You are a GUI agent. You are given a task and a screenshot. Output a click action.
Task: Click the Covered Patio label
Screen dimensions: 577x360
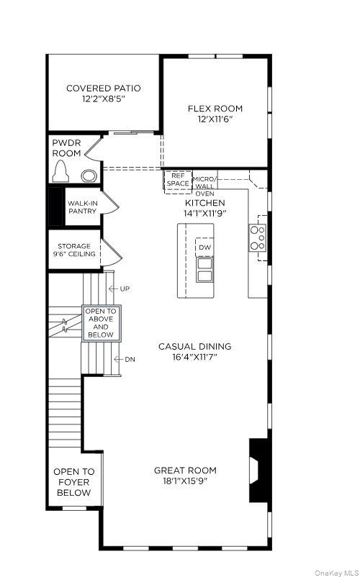point(103,88)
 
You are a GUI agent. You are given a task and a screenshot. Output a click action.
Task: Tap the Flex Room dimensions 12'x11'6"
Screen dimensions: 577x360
point(215,119)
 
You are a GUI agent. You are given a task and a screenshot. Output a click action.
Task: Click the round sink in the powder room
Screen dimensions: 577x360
point(89,175)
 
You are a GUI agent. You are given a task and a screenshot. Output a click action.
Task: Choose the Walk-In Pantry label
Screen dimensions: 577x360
point(82,207)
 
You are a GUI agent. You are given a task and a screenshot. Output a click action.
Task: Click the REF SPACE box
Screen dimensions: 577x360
point(177,179)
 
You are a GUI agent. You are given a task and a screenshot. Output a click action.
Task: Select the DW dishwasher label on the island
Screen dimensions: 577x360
point(205,247)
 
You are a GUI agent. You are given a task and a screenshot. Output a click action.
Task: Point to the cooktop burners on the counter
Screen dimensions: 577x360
point(257,238)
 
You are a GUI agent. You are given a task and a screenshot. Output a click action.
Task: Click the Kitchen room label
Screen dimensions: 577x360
point(205,203)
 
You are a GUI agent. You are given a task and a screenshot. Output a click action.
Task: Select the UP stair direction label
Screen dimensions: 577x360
point(125,288)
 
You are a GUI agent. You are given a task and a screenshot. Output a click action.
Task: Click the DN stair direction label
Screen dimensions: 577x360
point(130,359)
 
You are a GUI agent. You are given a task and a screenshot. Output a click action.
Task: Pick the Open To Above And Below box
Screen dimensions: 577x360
point(101,323)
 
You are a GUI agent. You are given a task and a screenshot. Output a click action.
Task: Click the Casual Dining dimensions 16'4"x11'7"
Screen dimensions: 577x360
point(194,356)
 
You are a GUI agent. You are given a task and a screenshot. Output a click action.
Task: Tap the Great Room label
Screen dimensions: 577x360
point(185,471)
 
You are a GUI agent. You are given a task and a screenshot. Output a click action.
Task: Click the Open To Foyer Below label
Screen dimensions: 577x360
point(73,482)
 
